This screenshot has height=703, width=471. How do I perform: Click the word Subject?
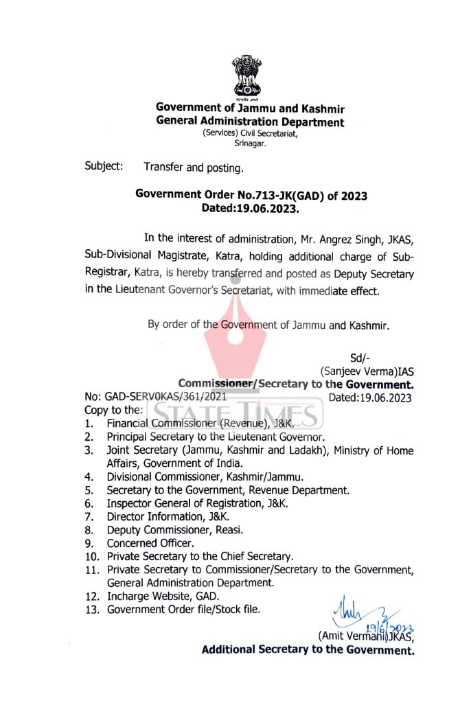(x=104, y=166)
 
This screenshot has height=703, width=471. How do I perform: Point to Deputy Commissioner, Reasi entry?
(x=175, y=529)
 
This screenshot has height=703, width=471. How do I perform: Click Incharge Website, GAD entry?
(x=162, y=595)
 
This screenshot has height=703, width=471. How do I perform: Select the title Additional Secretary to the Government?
(x=308, y=649)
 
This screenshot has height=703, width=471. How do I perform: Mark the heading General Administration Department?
(x=250, y=122)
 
